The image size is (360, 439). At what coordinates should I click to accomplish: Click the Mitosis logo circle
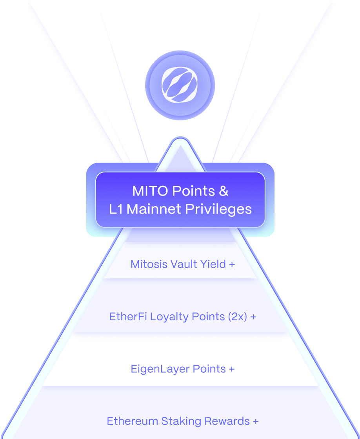point(180,85)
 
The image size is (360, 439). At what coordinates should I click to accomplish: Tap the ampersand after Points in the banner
point(223,191)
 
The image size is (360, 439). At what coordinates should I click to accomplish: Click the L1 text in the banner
point(116,209)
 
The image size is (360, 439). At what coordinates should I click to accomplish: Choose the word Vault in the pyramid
point(184,264)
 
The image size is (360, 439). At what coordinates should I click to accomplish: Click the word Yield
point(214,264)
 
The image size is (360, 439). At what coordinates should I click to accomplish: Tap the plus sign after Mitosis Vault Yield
point(232,265)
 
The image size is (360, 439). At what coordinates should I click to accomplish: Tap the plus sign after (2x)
point(253,317)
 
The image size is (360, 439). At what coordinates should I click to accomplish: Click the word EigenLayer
point(156,369)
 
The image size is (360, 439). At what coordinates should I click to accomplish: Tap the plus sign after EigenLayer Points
point(232,369)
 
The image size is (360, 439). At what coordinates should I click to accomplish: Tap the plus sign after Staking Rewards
point(255,422)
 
